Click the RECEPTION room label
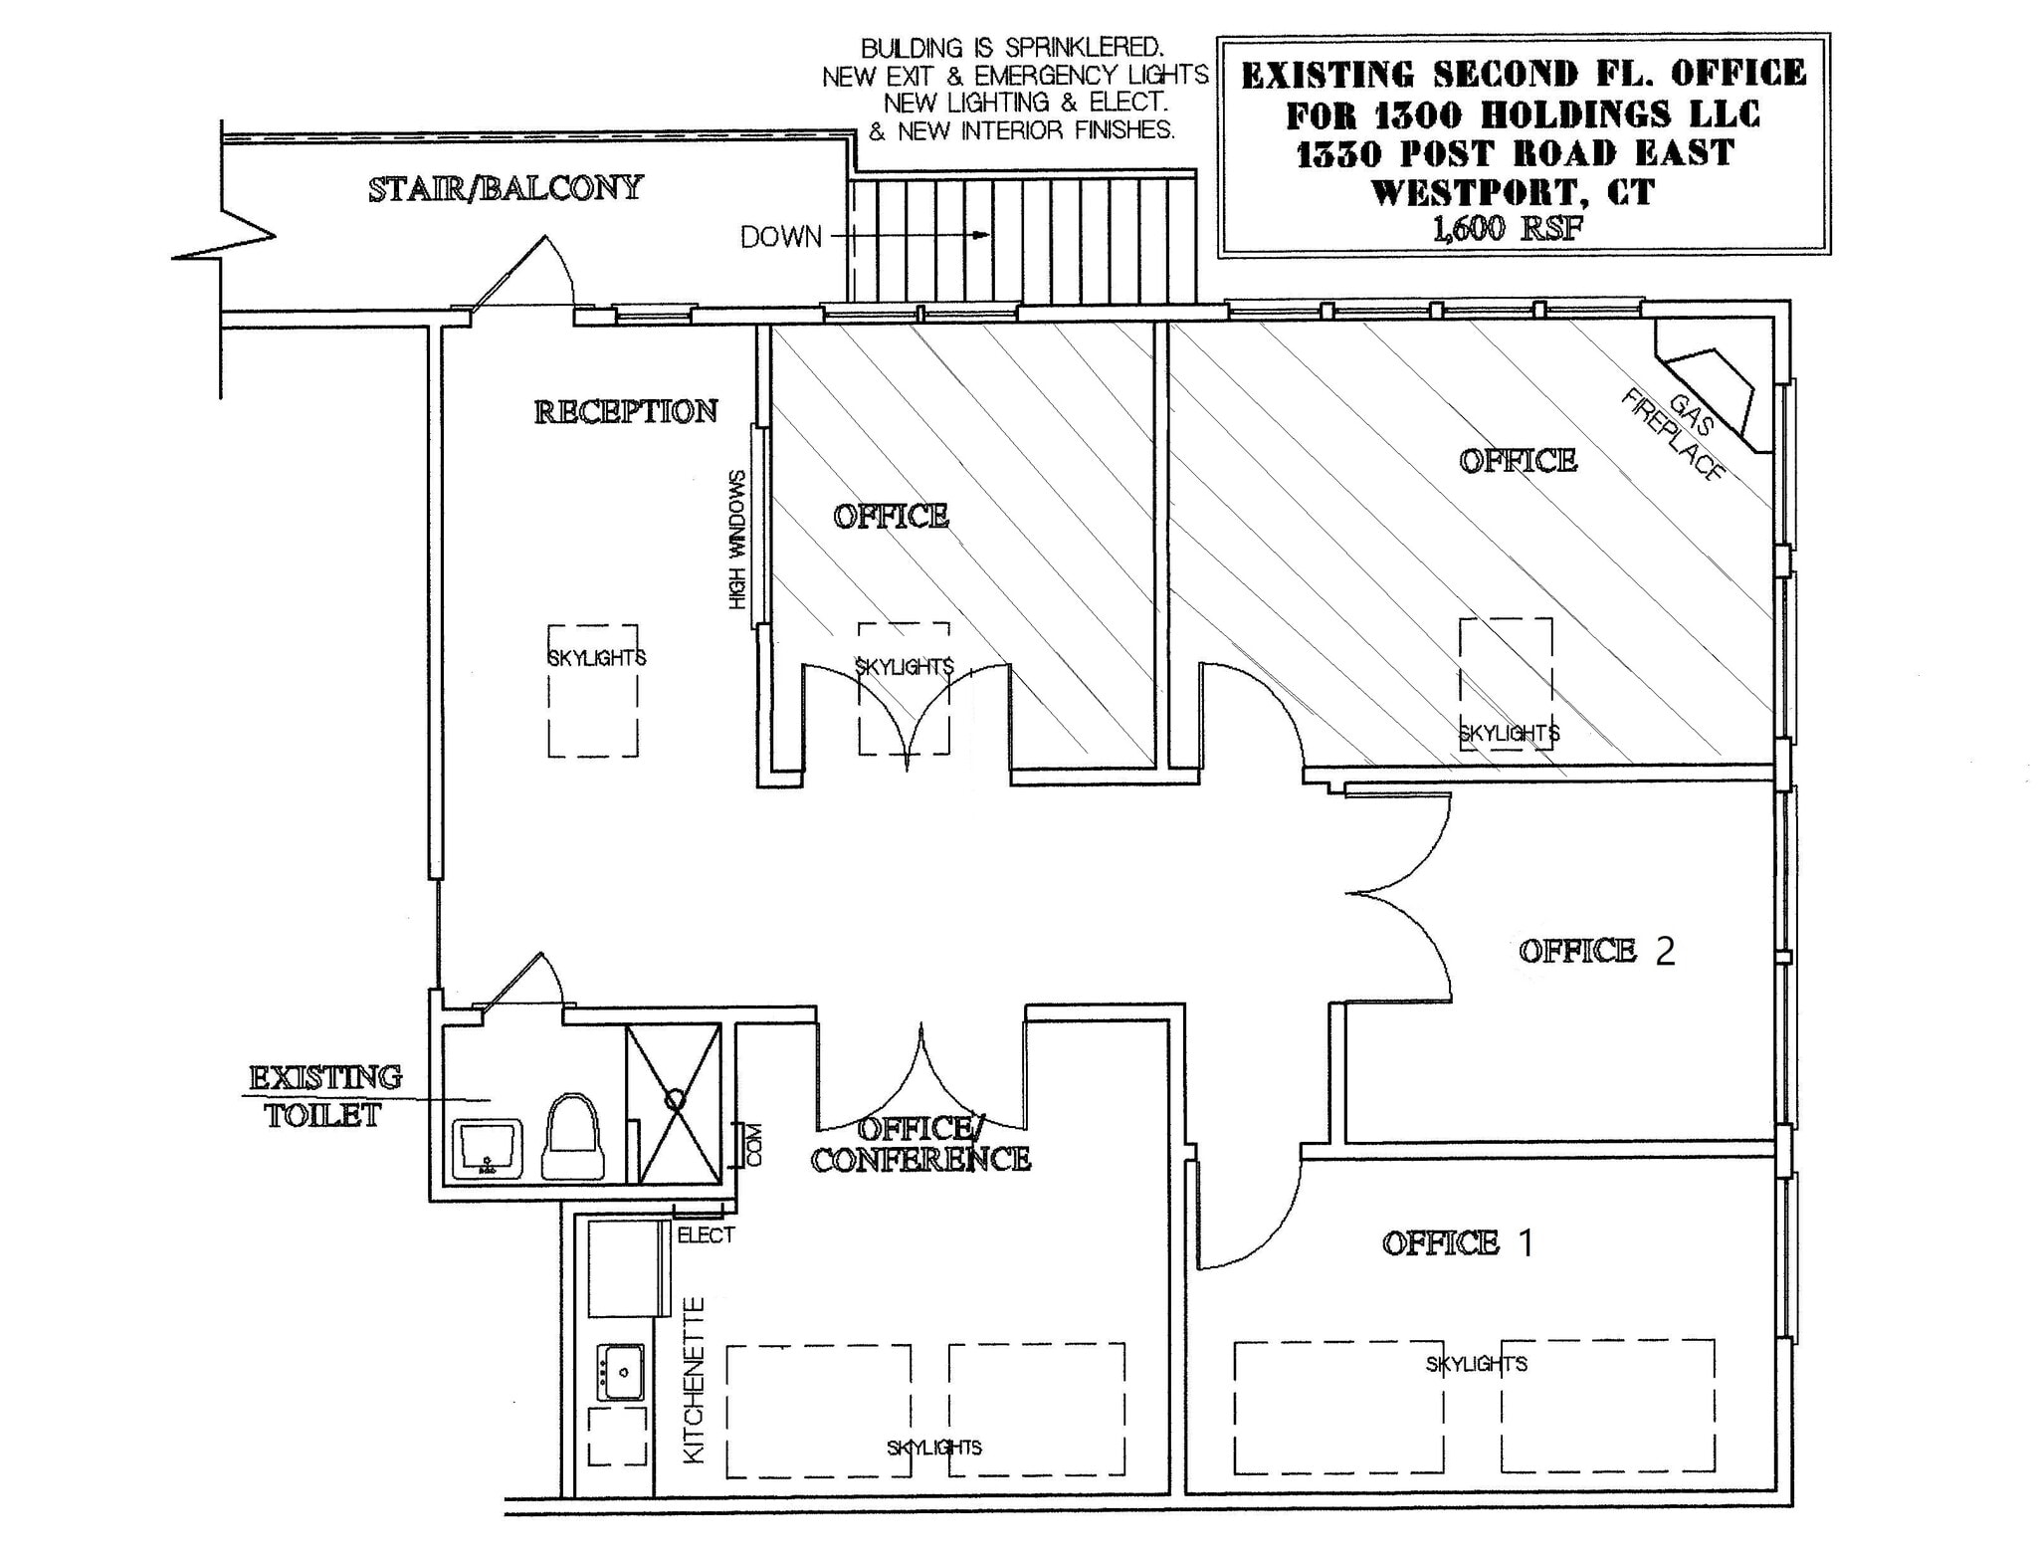pyautogui.click(x=625, y=412)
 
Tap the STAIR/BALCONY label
pyautogui.click(x=506, y=188)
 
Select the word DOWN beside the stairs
pyautogui.click(x=780, y=237)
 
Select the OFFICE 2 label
pyautogui.click(x=1595, y=951)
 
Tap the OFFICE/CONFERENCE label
pyautogui.click(x=920, y=1144)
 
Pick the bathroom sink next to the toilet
pyautogui.click(x=487, y=1149)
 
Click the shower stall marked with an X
pyautogui.click(x=674, y=1103)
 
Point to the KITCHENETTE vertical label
pyautogui.click(x=695, y=1380)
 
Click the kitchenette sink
pyautogui.click(x=621, y=1372)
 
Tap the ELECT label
pyautogui.click(x=706, y=1235)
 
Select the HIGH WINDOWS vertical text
pyautogui.click(x=737, y=540)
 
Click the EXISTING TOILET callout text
pyautogui.click(x=324, y=1096)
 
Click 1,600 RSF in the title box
pyautogui.click(x=1507, y=229)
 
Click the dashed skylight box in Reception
pyautogui.click(x=593, y=691)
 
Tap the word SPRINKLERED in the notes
pyautogui.click(x=1084, y=48)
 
